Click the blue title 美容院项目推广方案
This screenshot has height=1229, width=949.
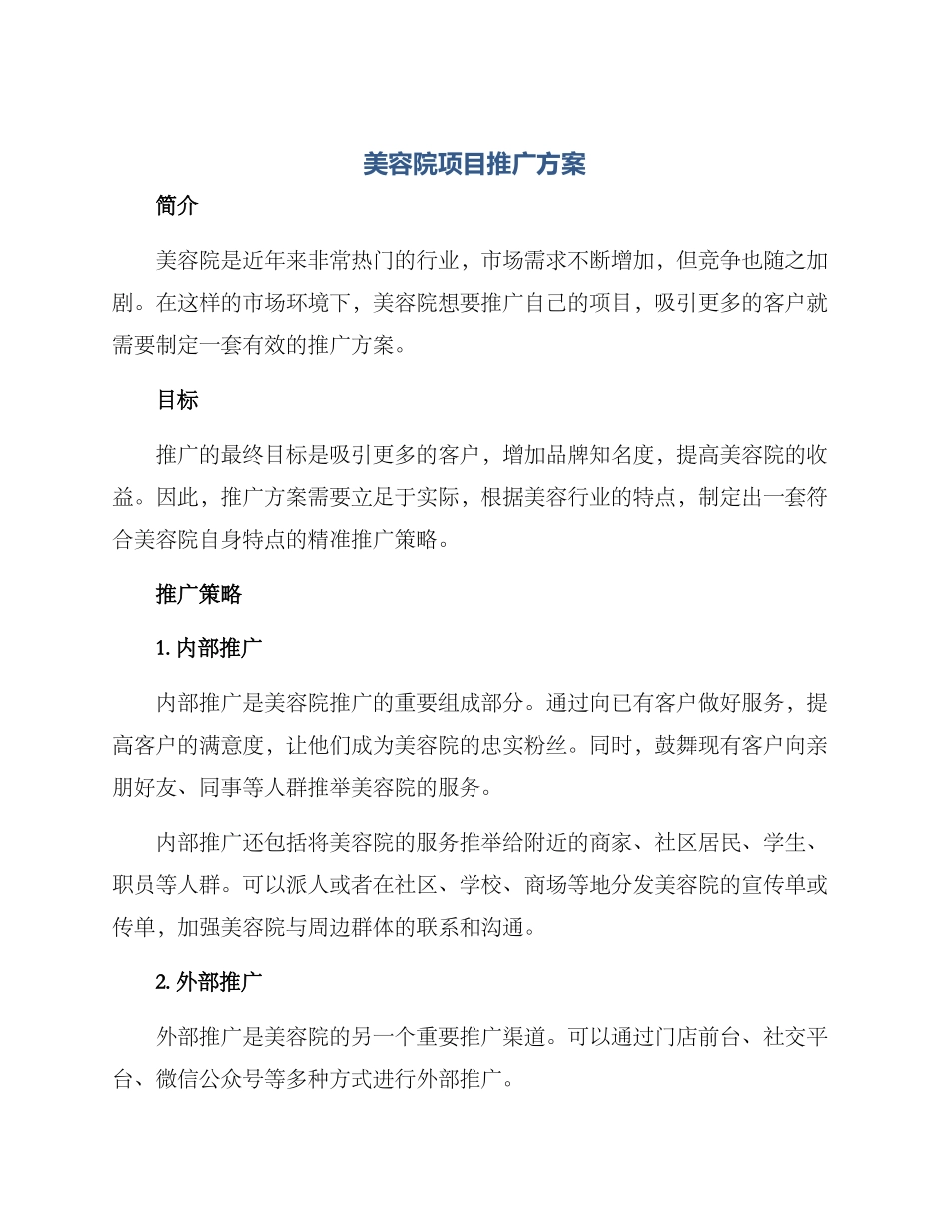pos(474,165)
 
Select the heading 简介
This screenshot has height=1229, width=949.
pos(178,206)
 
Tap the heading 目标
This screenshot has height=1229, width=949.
pos(178,400)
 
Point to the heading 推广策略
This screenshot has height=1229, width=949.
pos(199,594)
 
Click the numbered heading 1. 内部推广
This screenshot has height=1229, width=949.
pos(209,648)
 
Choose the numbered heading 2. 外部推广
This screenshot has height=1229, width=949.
pos(209,983)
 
